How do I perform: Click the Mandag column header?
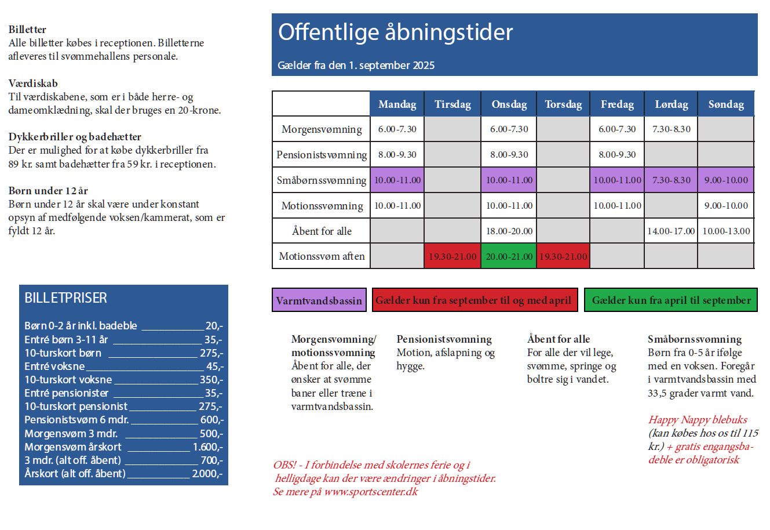click(397, 104)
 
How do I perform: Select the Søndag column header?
click(726, 104)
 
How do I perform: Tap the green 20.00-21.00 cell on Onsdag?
click(509, 256)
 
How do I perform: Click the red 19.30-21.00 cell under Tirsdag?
click(452, 256)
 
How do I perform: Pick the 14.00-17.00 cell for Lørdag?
click(671, 231)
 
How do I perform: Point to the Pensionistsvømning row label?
click(322, 155)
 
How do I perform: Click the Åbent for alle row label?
click(322, 231)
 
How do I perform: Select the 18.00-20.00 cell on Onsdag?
click(509, 231)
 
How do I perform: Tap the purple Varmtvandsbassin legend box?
click(319, 300)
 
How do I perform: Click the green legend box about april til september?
click(671, 300)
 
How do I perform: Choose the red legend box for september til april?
click(475, 300)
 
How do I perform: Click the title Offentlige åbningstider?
click(396, 32)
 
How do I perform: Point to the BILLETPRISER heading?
click(66, 298)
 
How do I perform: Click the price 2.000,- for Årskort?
click(207, 474)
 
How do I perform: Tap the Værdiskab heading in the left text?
click(33, 84)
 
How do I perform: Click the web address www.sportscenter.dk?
click(371, 492)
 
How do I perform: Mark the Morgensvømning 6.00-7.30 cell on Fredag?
click(617, 129)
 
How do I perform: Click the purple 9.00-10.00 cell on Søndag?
click(726, 180)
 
